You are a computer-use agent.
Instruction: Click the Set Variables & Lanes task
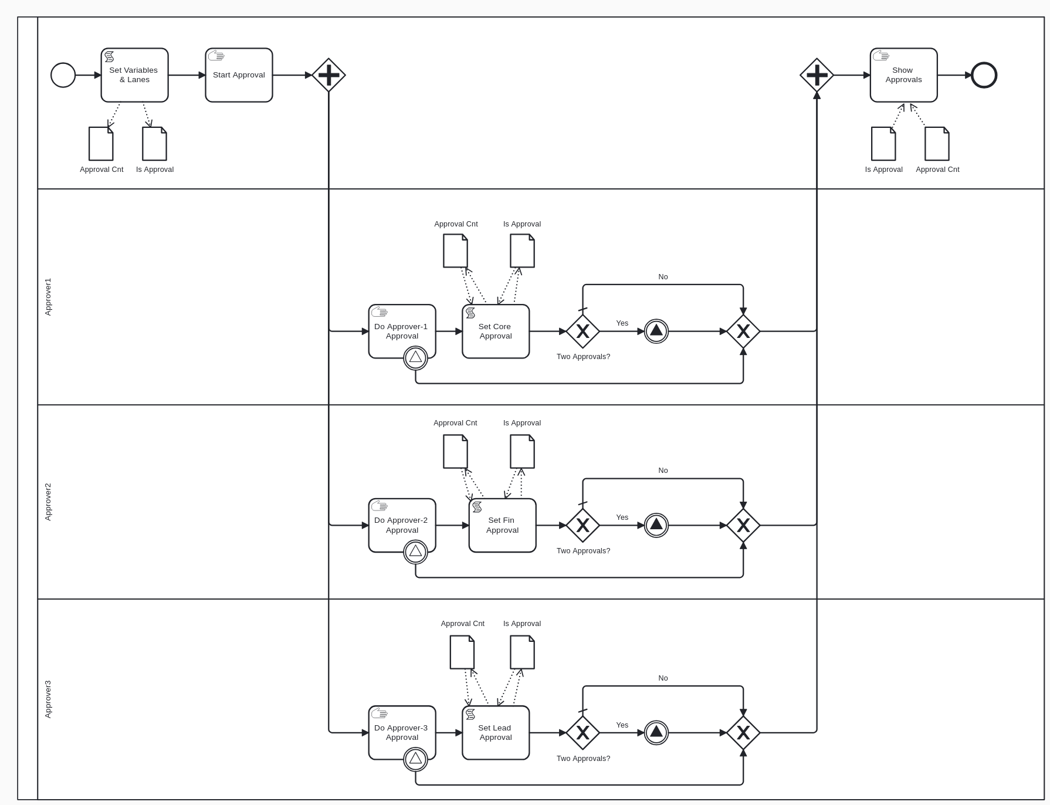click(134, 75)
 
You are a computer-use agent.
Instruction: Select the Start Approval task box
click(239, 75)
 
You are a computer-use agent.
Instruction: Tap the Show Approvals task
click(903, 75)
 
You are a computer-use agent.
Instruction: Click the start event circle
click(63, 75)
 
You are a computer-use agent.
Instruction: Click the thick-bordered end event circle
click(984, 75)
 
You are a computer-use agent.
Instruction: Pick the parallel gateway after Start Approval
click(328, 75)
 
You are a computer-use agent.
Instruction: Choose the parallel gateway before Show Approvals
click(817, 75)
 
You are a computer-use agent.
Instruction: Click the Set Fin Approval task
click(502, 525)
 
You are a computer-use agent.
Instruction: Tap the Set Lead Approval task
click(496, 732)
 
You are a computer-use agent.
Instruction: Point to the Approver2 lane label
click(48, 502)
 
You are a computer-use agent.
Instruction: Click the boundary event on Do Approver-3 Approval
click(415, 759)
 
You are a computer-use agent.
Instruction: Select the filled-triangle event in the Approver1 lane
click(656, 332)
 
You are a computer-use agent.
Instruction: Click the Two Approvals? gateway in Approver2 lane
click(582, 525)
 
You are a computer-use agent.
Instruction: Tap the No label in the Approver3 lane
click(663, 678)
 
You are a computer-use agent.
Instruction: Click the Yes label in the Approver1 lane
click(622, 323)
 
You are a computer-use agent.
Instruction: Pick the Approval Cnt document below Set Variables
click(101, 144)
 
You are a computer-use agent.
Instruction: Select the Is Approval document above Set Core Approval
click(522, 251)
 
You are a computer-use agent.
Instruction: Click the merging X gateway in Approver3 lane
click(743, 732)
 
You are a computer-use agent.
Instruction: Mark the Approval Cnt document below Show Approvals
click(937, 144)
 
